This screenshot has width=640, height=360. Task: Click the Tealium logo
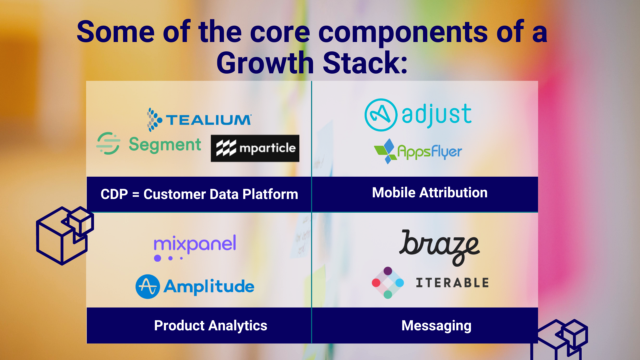click(x=199, y=120)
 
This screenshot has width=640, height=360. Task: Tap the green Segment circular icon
click(x=108, y=143)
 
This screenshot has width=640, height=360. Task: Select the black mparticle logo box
click(x=255, y=148)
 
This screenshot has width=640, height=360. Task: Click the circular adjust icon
click(x=381, y=115)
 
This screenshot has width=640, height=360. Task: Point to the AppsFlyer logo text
click(x=430, y=152)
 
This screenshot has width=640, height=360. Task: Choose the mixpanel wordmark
click(x=195, y=244)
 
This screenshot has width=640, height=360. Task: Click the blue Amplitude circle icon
click(x=148, y=287)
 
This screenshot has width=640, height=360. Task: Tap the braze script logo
click(x=439, y=247)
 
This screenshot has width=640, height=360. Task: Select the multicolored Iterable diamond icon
click(x=388, y=283)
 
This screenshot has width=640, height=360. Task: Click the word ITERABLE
click(x=452, y=283)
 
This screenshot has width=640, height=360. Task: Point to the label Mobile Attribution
click(x=430, y=193)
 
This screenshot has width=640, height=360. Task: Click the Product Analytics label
click(x=211, y=326)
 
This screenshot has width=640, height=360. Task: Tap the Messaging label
click(x=436, y=326)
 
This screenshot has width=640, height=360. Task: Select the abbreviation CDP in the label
click(x=114, y=194)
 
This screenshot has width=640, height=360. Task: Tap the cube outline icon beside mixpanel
click(x=65, y=235)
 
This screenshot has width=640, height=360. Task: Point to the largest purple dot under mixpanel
click(x=158, y=258)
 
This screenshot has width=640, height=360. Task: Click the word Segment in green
click(x=165, y=145)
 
